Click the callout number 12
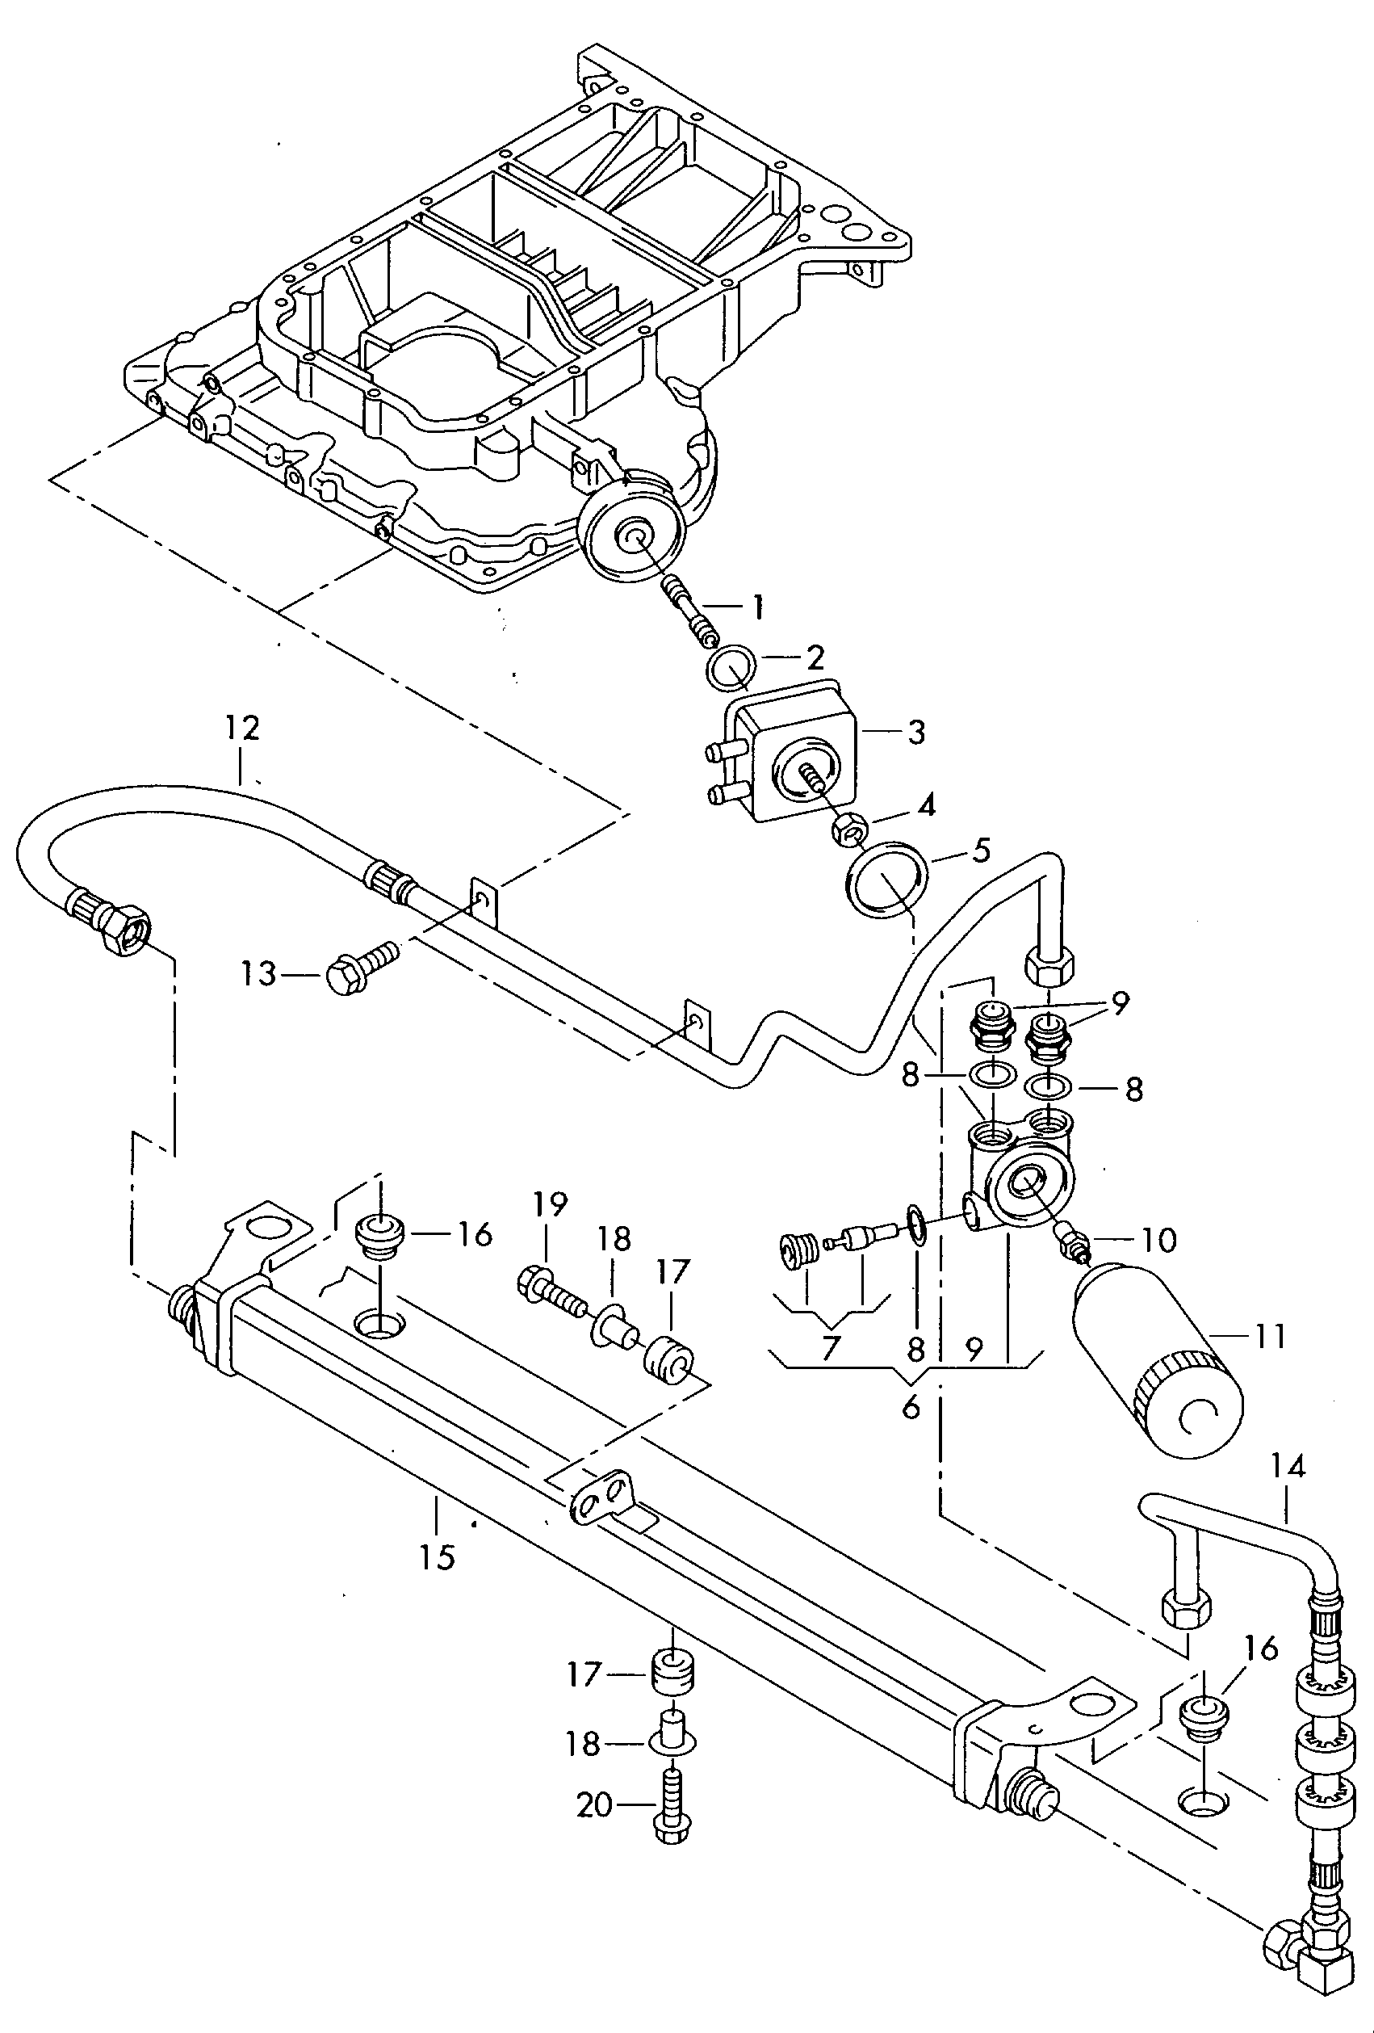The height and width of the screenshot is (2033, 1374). click(x=242, y=728)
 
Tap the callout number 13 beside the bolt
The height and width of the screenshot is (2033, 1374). click(x=259, y=973)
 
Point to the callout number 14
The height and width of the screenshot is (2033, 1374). click(x=1288, y=1466)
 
